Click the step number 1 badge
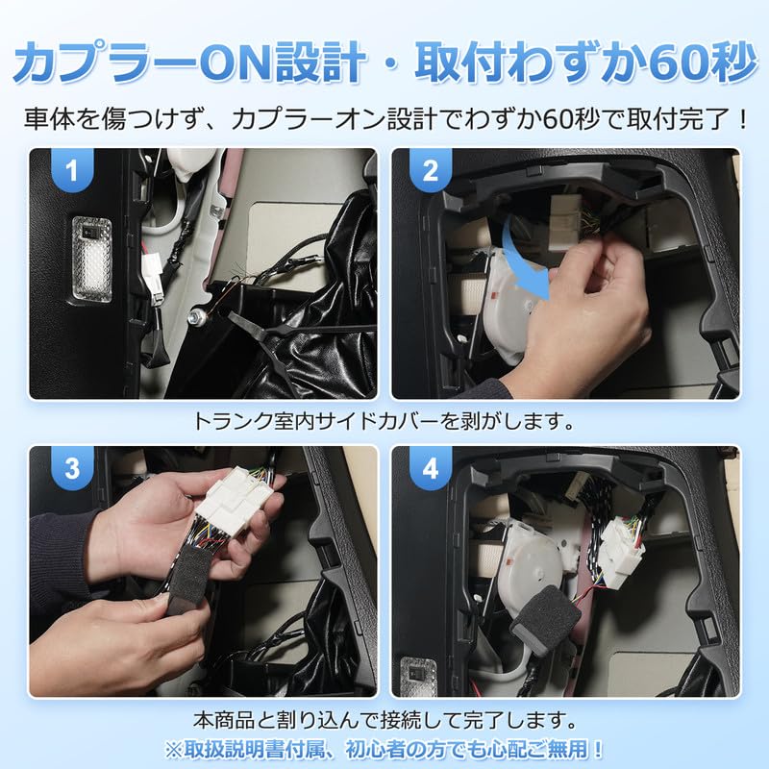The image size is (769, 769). tap(68, 172)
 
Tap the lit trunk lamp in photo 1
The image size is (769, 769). tap(91, 254)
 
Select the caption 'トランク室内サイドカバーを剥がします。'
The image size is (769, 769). tap(384, 420)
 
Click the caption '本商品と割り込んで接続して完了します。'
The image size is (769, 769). tap(384, 718)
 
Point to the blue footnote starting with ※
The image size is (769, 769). tap(384, 748)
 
